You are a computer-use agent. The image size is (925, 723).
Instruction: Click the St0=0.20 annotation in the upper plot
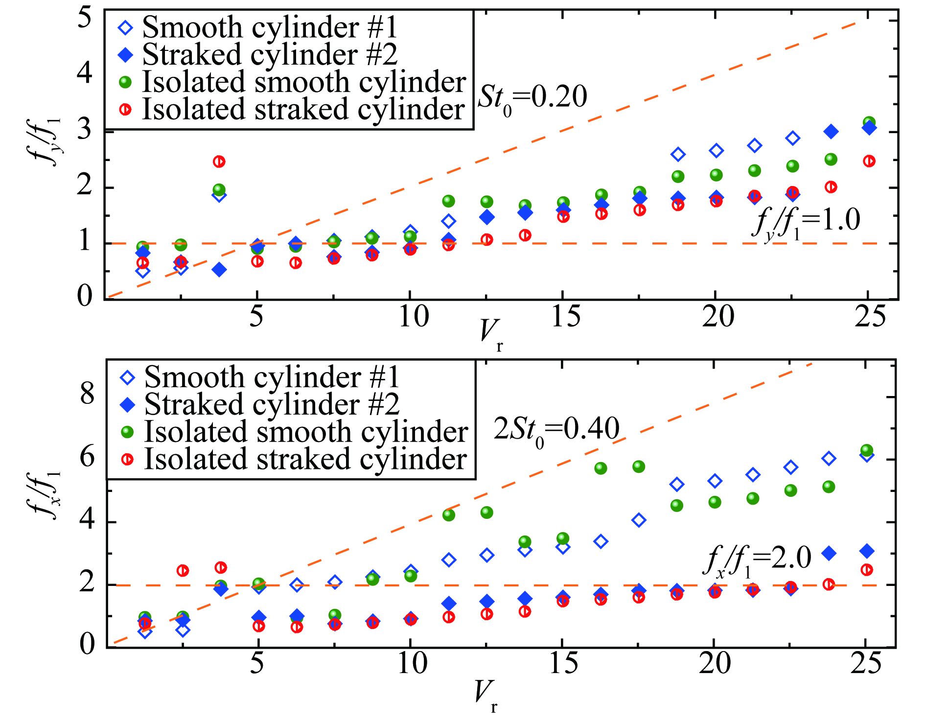[532, 98]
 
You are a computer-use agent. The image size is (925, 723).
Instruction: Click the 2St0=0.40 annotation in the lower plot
[556, 430]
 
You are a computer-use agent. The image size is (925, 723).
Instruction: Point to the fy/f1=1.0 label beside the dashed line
[805, 222]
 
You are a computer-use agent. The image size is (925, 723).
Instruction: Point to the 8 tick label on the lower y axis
[87, 394]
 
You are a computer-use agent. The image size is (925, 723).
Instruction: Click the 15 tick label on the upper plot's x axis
[565, 317]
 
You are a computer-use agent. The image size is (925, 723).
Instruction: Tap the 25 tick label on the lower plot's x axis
[866, 665]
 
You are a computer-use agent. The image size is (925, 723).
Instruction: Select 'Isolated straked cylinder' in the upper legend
[303, 109]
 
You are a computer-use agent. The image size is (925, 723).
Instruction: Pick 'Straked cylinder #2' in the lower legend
[272, 405]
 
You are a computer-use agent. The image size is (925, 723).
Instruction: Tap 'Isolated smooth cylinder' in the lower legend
[306, 432]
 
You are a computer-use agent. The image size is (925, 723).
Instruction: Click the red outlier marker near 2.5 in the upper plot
[219, 162]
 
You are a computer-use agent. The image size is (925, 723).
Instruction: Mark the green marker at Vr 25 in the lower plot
[867, 450]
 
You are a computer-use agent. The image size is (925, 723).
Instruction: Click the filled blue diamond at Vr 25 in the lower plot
[867, 551]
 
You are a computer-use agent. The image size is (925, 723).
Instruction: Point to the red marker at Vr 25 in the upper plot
[869, 161]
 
